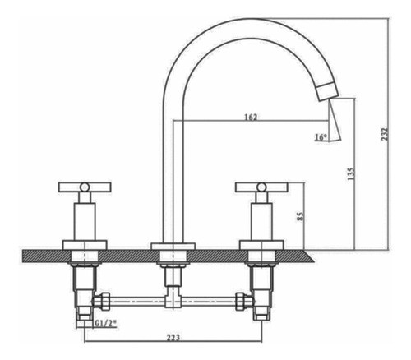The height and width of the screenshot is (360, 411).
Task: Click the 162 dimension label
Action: tap(251, 117)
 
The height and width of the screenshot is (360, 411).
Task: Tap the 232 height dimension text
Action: tap(385, 134)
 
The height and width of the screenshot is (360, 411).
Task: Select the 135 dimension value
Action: tap(351, 173)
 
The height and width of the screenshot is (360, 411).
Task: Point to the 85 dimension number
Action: tap(301, 216)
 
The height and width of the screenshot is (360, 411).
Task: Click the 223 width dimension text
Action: tap(173, 337)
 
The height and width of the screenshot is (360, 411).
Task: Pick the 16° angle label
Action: tap(321, 137)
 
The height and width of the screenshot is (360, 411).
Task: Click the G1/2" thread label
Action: tap(105, 323)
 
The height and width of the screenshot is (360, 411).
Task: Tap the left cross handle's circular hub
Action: tap(85, 187)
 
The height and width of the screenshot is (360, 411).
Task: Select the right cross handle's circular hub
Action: tap(261, 187)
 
